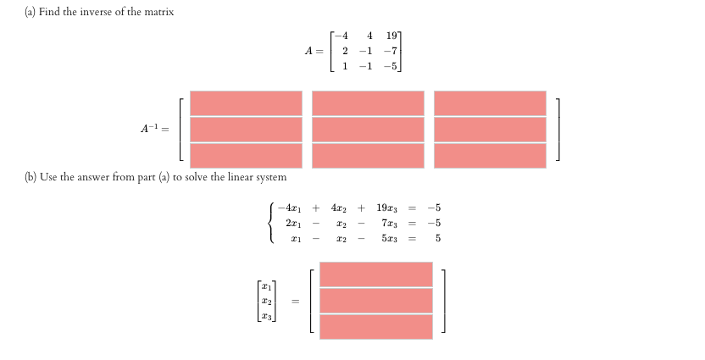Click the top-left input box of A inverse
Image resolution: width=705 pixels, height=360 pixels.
click(x=246, y=102)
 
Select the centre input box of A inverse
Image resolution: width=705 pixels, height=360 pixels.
click(x=368, y=129)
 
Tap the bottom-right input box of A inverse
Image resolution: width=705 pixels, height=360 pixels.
click(x=490, y=155)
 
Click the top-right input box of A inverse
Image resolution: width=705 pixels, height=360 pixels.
click(x=490, y=102)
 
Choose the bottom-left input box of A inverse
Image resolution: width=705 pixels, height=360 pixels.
click(x=246, y=155)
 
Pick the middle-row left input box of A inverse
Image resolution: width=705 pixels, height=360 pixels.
click(x=246, y=129)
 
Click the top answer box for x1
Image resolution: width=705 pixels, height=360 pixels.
click(x=376, y=274)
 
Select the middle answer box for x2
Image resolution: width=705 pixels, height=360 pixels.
click(x=376, y=301)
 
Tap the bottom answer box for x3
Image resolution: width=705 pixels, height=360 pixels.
click(x=376, y=326)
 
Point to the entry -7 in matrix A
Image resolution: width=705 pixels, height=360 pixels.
click(x=391, y=51)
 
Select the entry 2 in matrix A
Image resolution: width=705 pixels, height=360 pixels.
click(x=345, y=51)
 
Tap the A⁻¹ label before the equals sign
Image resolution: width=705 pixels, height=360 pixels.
click(x=152, y=129)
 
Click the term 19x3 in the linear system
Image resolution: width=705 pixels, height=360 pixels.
click(x=386, y=208)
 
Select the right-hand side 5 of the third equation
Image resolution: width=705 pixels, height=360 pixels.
click(x=439, y=238)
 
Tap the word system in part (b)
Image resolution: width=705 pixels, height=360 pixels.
click(x=269, y=177)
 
